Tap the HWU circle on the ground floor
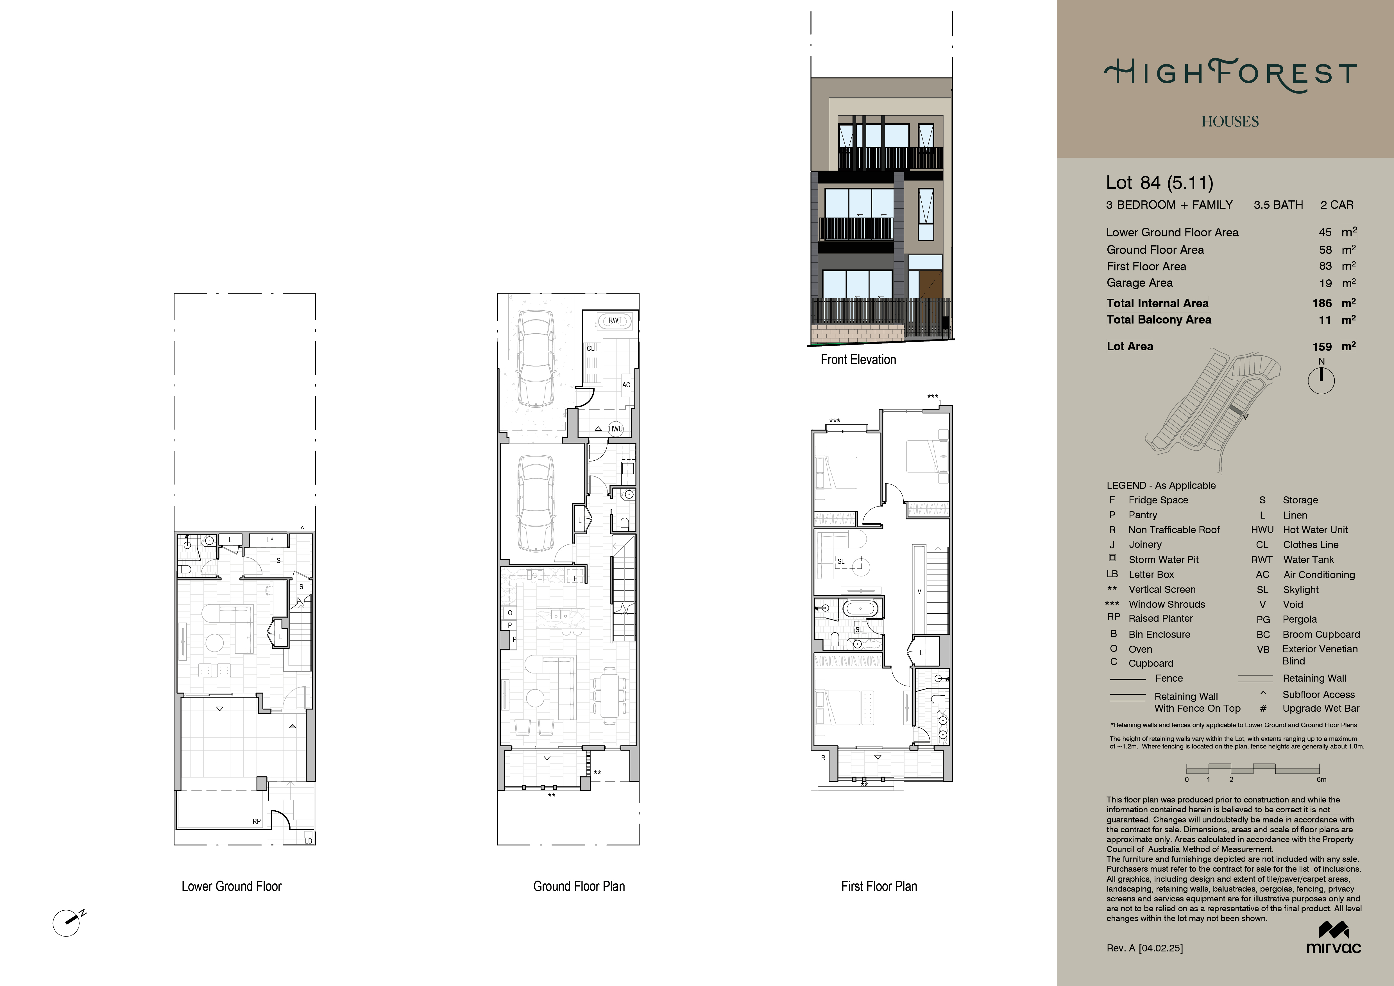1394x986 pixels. (616, 429)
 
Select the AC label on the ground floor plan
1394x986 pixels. (626, 385)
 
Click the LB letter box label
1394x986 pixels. (309, 841)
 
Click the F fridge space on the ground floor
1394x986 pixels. (575, 578)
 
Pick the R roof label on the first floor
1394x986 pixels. (823, 758)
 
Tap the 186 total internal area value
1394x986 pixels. (1322, 303)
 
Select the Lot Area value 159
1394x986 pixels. (1322, 347)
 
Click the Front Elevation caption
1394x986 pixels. (858, 359)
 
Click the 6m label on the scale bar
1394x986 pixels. (1321, 780)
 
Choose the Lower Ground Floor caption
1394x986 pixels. (231, 887)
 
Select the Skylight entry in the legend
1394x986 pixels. (1300, 589)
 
